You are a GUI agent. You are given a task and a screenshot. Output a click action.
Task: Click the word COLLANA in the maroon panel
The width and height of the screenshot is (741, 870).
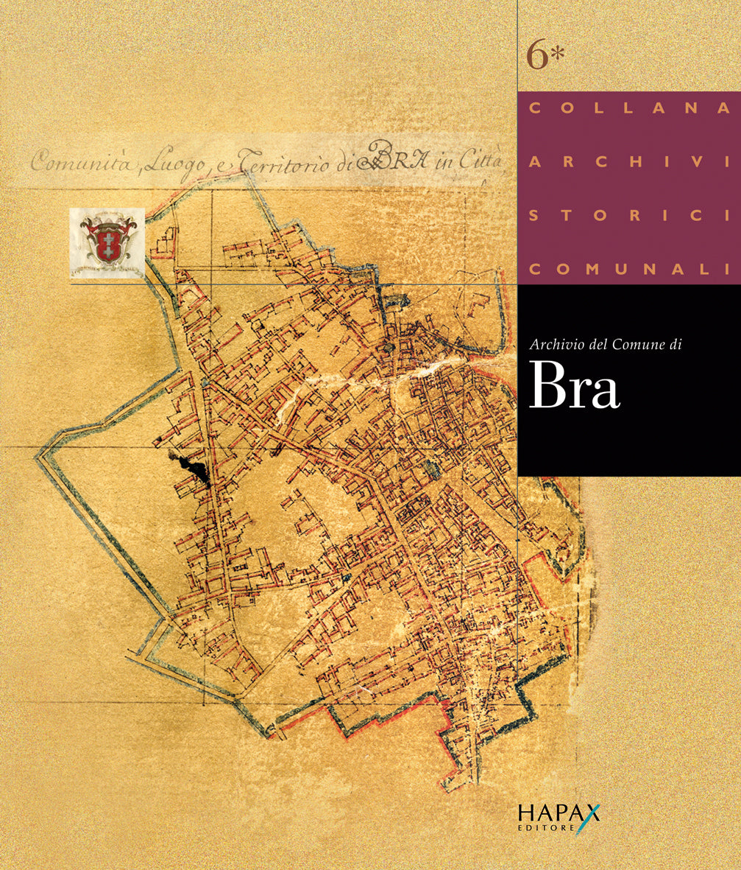coord(628,108)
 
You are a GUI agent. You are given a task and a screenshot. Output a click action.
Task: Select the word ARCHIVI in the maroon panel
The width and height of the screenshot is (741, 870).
coord(628,162)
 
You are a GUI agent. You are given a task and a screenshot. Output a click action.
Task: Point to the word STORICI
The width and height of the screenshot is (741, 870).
coord(628,216)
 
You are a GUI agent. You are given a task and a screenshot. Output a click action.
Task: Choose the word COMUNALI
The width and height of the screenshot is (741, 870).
coord(628,270)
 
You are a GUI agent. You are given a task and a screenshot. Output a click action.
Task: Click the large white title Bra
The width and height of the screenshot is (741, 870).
coord(574,387)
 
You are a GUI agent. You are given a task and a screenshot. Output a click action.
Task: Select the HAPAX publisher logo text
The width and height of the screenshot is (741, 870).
coord(558,813)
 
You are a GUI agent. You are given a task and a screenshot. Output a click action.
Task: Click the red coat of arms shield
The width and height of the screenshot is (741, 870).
coord(107,241)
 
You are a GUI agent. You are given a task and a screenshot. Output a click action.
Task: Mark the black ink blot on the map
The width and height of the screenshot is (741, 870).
coord(194,468)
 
